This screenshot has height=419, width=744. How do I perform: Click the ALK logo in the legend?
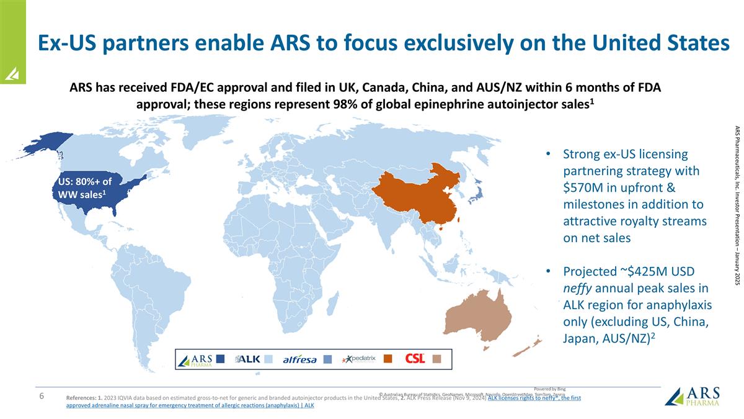point(248,359)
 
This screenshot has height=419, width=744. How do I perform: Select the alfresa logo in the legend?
point(299,359)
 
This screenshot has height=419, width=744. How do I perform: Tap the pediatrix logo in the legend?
point(359,359)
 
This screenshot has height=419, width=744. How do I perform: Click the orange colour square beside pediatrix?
point(388,359)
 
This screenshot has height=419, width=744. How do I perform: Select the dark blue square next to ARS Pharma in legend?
point(221,359)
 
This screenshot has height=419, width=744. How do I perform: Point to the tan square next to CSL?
point(436,359)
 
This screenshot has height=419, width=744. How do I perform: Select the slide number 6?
point(40,397)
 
